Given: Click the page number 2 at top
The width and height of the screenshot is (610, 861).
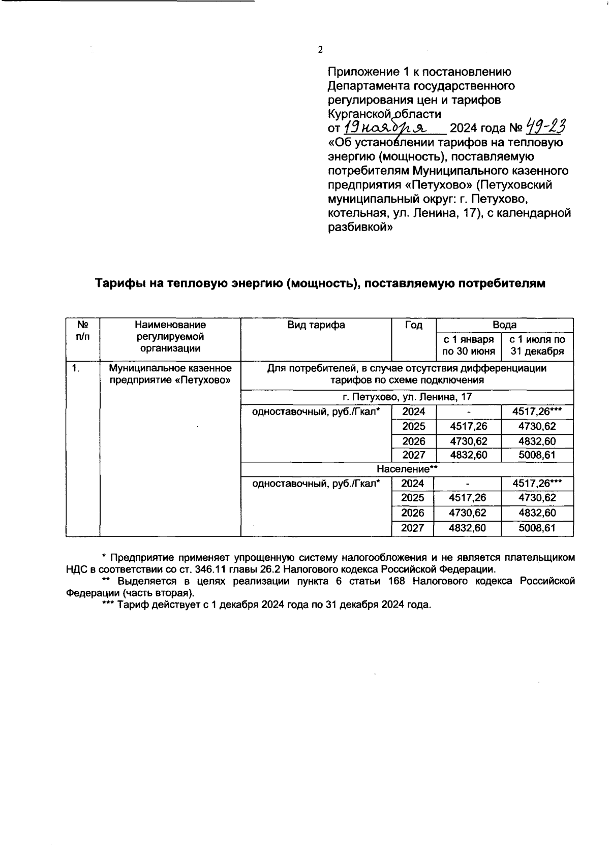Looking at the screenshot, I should click(320, 50).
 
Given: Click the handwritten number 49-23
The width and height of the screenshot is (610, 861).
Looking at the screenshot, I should click(545, 125).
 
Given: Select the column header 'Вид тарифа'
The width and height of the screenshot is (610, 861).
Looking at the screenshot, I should click(316, 325).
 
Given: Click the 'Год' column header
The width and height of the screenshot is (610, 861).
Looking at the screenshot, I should click(413, 325).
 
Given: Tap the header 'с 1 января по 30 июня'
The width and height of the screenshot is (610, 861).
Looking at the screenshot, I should click(468, 345).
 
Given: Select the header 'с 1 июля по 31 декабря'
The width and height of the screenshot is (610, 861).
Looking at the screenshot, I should click(537, 345).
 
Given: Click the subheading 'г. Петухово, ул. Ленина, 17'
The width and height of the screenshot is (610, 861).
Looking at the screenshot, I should click(407, 397).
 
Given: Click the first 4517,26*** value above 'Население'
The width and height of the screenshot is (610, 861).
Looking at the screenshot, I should click(537, 411).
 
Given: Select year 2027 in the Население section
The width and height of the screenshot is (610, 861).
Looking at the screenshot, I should click(412, 528).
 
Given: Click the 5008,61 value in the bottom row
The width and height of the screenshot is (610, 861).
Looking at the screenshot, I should click(537, 528).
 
